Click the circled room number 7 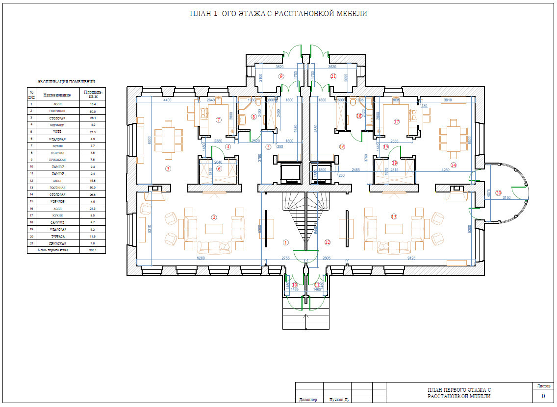coord(219,120)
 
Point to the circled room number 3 coord(168,169)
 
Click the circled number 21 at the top coord(333,76)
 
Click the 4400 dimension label coord(167,100)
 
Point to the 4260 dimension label coord(445,170)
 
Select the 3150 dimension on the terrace coord(506,198)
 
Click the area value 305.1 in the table coord(93,250)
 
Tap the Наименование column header coord(57,95)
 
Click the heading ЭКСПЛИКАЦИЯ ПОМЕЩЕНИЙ coord(66,82)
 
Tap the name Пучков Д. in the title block coord(339,400)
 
